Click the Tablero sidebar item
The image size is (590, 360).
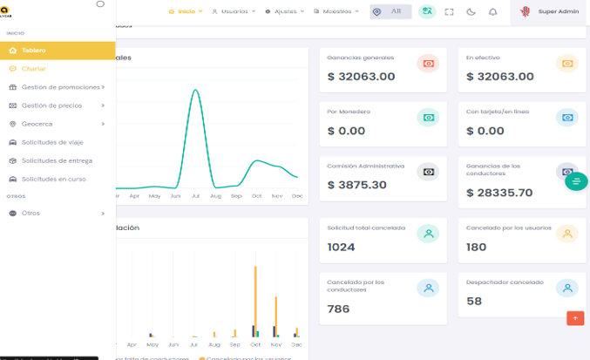coord(34,51)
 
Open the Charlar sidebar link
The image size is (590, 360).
coord(34,68)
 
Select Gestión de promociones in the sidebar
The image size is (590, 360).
coord(60,87)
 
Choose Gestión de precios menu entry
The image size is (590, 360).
coord(51,105)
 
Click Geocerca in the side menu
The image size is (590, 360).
coord(37,124)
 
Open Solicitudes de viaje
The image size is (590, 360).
coord(52,142)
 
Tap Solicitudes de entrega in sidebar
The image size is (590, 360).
coord(57,160)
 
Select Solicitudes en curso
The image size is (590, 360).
coord(53,179)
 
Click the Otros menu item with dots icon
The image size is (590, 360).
coord(31,213)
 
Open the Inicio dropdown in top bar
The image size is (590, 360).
coord(185,11)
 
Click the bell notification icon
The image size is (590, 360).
coord(493,12)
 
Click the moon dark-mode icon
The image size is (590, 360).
coord(471,12)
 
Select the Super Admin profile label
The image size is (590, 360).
coord(559,11)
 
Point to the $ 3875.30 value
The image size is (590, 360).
coord(356,185)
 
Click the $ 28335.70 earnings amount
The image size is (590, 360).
coord(499,193)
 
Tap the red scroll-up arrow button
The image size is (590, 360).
coord(574,318)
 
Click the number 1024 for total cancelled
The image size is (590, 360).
coord(341,247)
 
